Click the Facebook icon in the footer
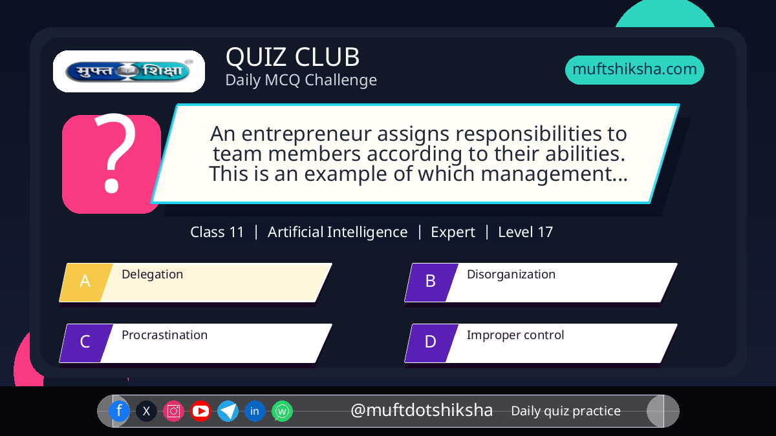pos(119,411)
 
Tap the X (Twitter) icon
pos(146,411)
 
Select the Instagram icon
pos(173,411)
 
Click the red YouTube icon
pos(200,411)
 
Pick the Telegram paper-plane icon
pos(228,411)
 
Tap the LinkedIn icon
pos(255,411)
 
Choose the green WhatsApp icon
pos(282,411)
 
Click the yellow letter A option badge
pos(86,282)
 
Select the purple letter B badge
pos(431,282)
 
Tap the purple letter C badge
pos(86,343)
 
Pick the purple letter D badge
pos(431,343)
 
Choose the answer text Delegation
pos(152,274)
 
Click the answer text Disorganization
pos(511,274)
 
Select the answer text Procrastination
pos(164,335)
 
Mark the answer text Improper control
pos(515,335)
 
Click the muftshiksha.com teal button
pos(634,70)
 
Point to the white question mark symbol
pos(115,153)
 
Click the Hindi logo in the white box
pos(129,71)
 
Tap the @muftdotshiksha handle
pos(422,410)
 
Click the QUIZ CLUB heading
pos(292,57)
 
